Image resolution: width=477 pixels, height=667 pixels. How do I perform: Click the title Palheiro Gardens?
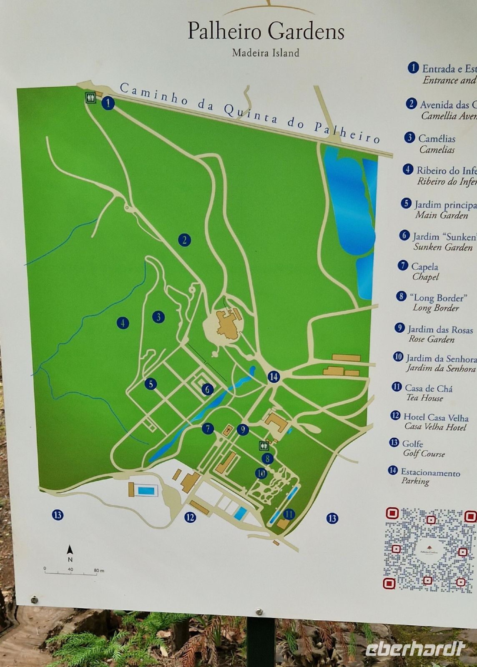coord(266,31)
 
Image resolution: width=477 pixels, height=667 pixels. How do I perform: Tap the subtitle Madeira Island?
coord(266,53)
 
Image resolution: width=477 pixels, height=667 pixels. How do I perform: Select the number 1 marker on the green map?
coord(108,103)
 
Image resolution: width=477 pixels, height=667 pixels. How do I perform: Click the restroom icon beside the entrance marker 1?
coord(91,98)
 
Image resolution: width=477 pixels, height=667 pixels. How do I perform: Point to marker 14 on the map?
coord(274,377)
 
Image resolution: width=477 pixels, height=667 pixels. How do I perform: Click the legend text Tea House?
coord(424,398)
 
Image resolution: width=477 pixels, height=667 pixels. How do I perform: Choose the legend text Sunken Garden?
coord(443,247)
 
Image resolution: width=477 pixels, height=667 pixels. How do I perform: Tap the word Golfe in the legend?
coord(412,444)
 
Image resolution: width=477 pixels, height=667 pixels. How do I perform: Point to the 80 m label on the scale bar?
coord(99,570)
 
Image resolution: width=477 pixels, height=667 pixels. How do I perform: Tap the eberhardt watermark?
coord(415,649)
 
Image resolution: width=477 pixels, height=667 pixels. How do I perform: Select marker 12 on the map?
coord(190,517)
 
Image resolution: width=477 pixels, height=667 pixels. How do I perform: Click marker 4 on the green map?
coord(123,323)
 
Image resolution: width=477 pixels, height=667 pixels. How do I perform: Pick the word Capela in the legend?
coord(424,266)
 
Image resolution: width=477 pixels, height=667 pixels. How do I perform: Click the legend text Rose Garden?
coord(431,339)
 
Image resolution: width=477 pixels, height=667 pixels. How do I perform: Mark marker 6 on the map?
coord(207,389)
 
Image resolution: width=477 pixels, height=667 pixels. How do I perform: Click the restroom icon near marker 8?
coord(264,445)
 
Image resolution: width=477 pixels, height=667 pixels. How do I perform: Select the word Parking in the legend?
coord(415,481)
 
